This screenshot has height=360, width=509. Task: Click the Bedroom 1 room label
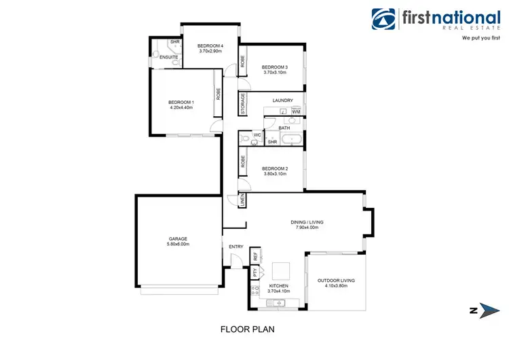(x=181, y=103)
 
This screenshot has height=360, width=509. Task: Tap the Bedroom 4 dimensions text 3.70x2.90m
(x=211, y=51)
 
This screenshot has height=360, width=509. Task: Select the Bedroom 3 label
(x=275, y=67)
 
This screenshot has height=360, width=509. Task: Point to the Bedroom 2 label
(x=275, y=168)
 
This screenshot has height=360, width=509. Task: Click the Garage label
(x=178, y=238)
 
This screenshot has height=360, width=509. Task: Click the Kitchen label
(x=279, y=286)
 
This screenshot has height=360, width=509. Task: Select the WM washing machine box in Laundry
(x=296, y=111)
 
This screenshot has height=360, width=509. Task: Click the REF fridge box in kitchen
(x=255, y=257)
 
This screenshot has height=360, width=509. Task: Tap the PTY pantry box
(x=255, y=273)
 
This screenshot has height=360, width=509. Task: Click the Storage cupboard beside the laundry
(x=242, y=105)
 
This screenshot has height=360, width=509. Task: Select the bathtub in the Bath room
(x=293, y=140)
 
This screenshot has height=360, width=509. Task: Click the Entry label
(x=235, y=247)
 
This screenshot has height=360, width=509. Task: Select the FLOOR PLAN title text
(x=247, y=329)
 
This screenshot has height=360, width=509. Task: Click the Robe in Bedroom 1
(x=218, y=94)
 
